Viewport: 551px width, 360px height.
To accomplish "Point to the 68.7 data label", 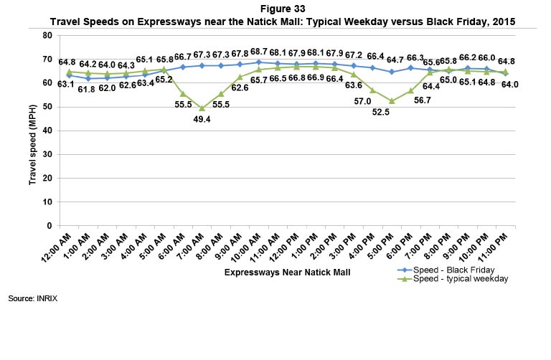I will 258,52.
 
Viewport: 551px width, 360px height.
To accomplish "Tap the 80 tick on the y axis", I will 47,35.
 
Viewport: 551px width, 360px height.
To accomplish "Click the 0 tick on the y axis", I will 50,226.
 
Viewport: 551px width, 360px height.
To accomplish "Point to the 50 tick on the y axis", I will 47,107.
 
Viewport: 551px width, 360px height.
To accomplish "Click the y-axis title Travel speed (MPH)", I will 32,131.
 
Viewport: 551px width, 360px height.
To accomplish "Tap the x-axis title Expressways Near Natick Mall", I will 275,273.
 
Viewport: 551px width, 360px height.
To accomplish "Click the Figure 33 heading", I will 275,8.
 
